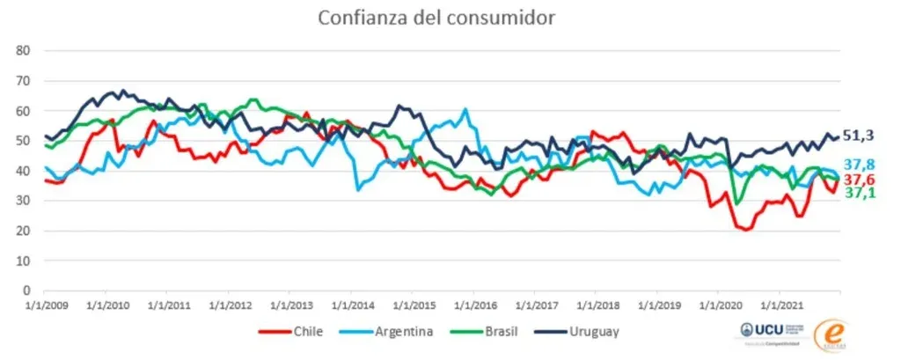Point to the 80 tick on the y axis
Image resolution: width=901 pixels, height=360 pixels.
tap(25, 51)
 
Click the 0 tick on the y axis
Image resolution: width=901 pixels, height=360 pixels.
tap(28, 290)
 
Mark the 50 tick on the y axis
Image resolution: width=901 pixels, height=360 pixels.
tap(25, 141)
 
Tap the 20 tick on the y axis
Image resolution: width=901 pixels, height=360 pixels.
tap(25, 231)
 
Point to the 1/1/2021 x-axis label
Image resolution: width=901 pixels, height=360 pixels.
tap(779, 305)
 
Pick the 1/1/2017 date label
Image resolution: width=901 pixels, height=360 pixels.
tap(534, 305)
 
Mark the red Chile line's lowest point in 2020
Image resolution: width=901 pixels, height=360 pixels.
tap(747, 230)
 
